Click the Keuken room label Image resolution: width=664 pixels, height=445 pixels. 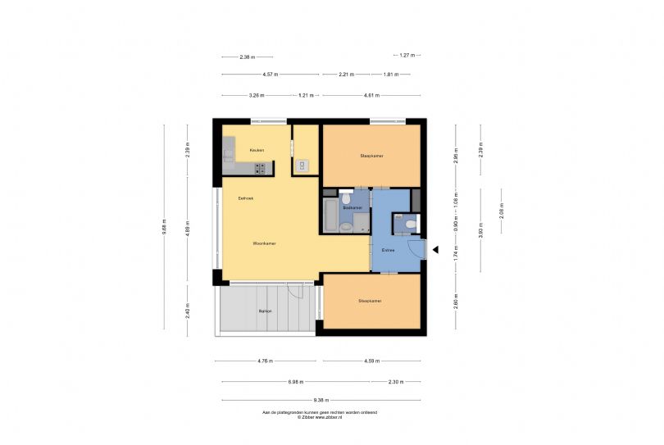pyautogui.click(x=256, y=150)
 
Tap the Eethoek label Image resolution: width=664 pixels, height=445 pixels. pyautogui.click(x=245, y=198)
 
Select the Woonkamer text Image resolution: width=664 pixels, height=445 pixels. pyautogui.click(x=263, y=243)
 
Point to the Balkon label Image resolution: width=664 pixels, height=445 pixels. pyautogui.click(x=265, y=311)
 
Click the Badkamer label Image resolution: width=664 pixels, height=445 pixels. pyautogui.click(x=352, y=209)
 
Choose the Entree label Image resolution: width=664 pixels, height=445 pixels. pyautogui.click(x=389, y=250)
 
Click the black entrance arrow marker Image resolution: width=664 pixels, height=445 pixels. pyautogui.click(x=436, y=250)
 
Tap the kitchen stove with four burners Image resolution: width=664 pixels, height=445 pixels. pyautogui.click(x=260, y=168)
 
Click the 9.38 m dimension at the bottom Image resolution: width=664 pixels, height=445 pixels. pyautogui.click(x=321, y=400)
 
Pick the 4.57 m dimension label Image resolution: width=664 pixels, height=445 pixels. pyautogui.click(x=270, y=75)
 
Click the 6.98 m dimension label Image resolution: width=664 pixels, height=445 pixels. pyautogui.click(x=296, y=382)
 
